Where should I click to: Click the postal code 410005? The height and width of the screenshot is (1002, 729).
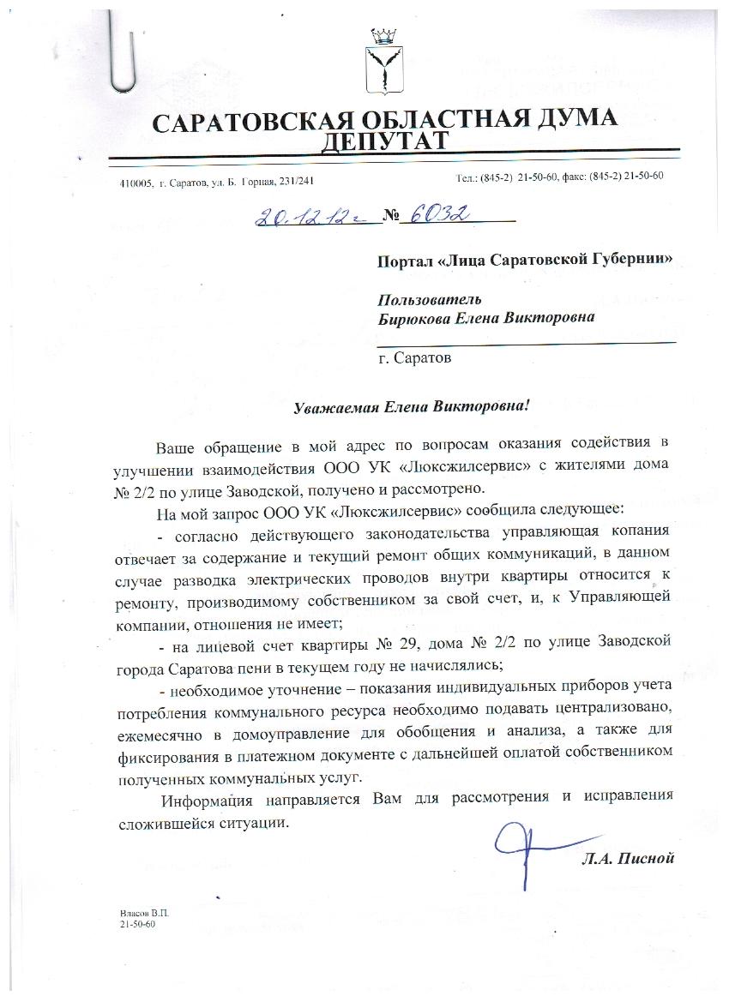[x=136, y=183]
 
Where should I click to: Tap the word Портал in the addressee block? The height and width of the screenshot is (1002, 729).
[x=405, y=259]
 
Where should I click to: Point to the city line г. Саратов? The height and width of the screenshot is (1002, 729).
[x=414, y=357]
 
